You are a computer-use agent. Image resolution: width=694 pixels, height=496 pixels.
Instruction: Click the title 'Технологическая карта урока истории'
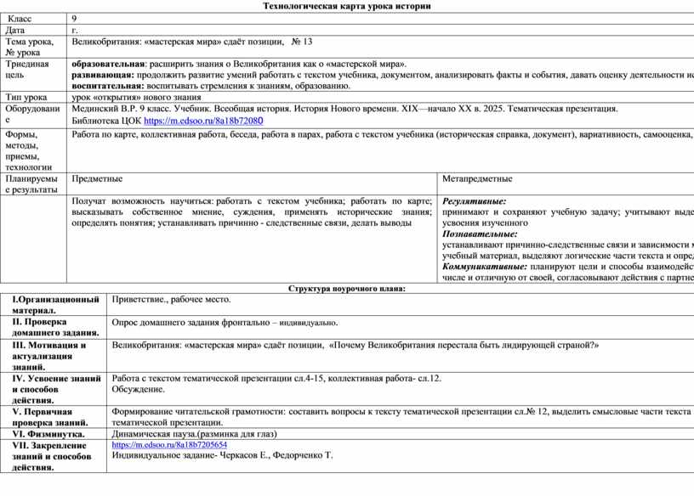click(x=347, y=6)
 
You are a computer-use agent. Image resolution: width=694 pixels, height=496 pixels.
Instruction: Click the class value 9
click(x=75, y=18)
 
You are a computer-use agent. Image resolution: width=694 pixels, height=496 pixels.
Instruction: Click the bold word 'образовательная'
click(x=108, y=64)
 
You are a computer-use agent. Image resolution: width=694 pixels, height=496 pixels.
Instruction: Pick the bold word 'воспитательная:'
click(x=108, y=86)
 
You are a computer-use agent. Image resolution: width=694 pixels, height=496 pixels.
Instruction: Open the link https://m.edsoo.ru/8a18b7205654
click(x=169, y=444)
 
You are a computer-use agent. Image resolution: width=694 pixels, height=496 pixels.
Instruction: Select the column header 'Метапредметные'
click(x=477, y=178)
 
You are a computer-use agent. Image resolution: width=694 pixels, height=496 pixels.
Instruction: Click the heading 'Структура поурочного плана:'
click(x=347, y=289)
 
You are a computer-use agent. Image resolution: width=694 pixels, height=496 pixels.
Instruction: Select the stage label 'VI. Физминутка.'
click(x=50, y=433)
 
